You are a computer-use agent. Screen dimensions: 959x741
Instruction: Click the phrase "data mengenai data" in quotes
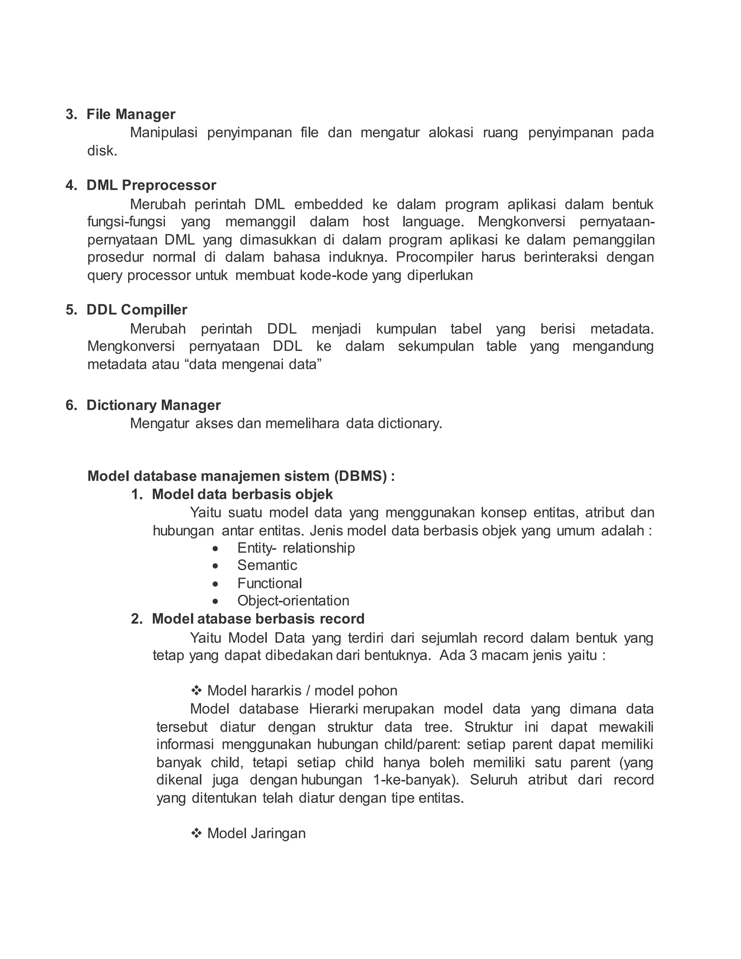point(253,364)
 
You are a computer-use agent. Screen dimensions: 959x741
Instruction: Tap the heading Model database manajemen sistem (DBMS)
point(241,476)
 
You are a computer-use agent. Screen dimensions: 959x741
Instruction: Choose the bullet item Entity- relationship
point(296,548)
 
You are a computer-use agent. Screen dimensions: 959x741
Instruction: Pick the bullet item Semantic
point(267,565)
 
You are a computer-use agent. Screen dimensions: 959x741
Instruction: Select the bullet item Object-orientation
point(293,601)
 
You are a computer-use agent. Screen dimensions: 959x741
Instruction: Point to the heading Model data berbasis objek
point(242,494)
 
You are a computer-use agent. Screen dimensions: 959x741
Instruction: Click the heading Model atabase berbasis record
point(258,619)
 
